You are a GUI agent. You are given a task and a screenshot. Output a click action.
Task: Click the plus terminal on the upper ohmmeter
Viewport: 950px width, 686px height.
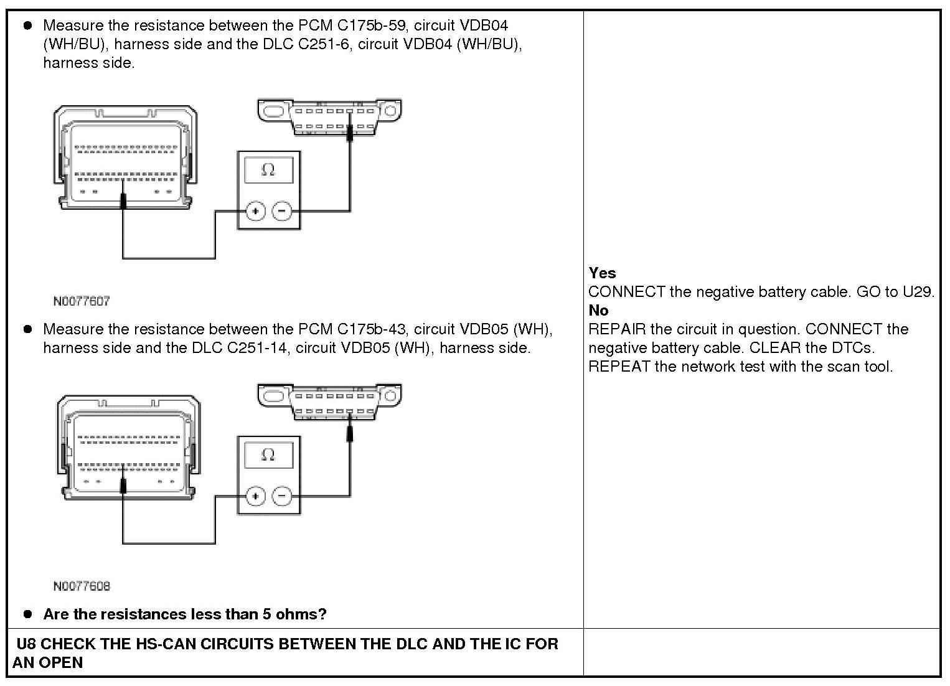pyautogui.click(x=255, y=211)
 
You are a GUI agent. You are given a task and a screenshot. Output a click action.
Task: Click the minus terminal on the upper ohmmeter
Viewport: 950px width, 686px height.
pyautogui.click(x=282, y=211)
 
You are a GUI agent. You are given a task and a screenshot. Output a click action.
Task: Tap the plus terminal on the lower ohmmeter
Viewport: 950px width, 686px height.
pyautogui.click(x=255, y=496)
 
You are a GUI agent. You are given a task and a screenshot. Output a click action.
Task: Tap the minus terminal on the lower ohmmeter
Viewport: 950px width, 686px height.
pyautogui.click(x=282, y=496)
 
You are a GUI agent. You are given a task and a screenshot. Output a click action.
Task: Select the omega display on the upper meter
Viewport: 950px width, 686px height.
pyautogui.click(x=268, y=169)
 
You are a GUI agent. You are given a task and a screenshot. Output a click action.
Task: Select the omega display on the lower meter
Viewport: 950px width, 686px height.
pyautogui.click(x=268, y=454)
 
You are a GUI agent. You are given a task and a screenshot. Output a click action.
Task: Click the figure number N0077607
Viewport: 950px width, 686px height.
pyautogui.click(x=82, y=301)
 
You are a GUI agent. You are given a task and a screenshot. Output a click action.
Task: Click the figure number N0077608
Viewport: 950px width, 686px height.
pyautogui.click(x=82, y=586)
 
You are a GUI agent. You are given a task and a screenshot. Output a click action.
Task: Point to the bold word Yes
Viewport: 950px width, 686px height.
pyautogui.click(x=602, y=273)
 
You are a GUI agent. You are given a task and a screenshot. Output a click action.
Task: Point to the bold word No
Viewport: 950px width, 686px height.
pyautogui.click(x=598, y=310)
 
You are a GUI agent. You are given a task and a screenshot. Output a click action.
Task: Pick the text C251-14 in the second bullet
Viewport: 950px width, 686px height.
pyautogui.click(x=256, y=347)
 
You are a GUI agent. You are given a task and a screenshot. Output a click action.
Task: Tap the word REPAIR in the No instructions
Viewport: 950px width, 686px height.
pyautogui.click(x=617, y=329)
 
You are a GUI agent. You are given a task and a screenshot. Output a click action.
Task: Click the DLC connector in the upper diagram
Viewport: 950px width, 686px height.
pyautogui.click(x=329, y=117)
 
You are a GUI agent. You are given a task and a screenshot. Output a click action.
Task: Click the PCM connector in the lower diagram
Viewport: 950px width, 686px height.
pyautogui.click(x=129, y=446)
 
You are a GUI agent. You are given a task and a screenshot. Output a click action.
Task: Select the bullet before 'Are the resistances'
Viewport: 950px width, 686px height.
pyautogui.click(x=27, y=614)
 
